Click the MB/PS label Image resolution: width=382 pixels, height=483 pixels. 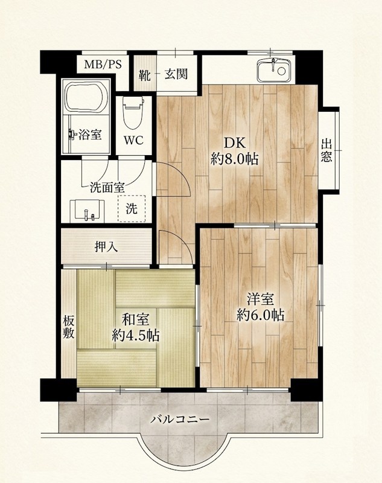103,65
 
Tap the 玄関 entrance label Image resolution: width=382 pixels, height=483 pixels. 176,74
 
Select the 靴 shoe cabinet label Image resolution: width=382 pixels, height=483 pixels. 145,75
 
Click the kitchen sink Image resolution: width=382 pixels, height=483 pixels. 274,71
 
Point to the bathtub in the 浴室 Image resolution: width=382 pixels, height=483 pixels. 87,97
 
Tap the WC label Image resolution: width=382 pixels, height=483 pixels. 133,140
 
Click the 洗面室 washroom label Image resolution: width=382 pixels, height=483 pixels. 107,187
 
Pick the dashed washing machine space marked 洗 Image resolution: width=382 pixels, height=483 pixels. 132,208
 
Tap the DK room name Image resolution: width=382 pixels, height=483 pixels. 234,143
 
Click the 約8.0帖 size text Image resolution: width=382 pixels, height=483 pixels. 234,159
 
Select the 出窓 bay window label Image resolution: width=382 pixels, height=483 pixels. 326,150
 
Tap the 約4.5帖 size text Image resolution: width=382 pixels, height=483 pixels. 135,336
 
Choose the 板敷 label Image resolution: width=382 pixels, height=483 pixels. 69,327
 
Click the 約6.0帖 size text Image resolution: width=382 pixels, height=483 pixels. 260,315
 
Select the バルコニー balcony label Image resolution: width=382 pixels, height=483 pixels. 180,419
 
